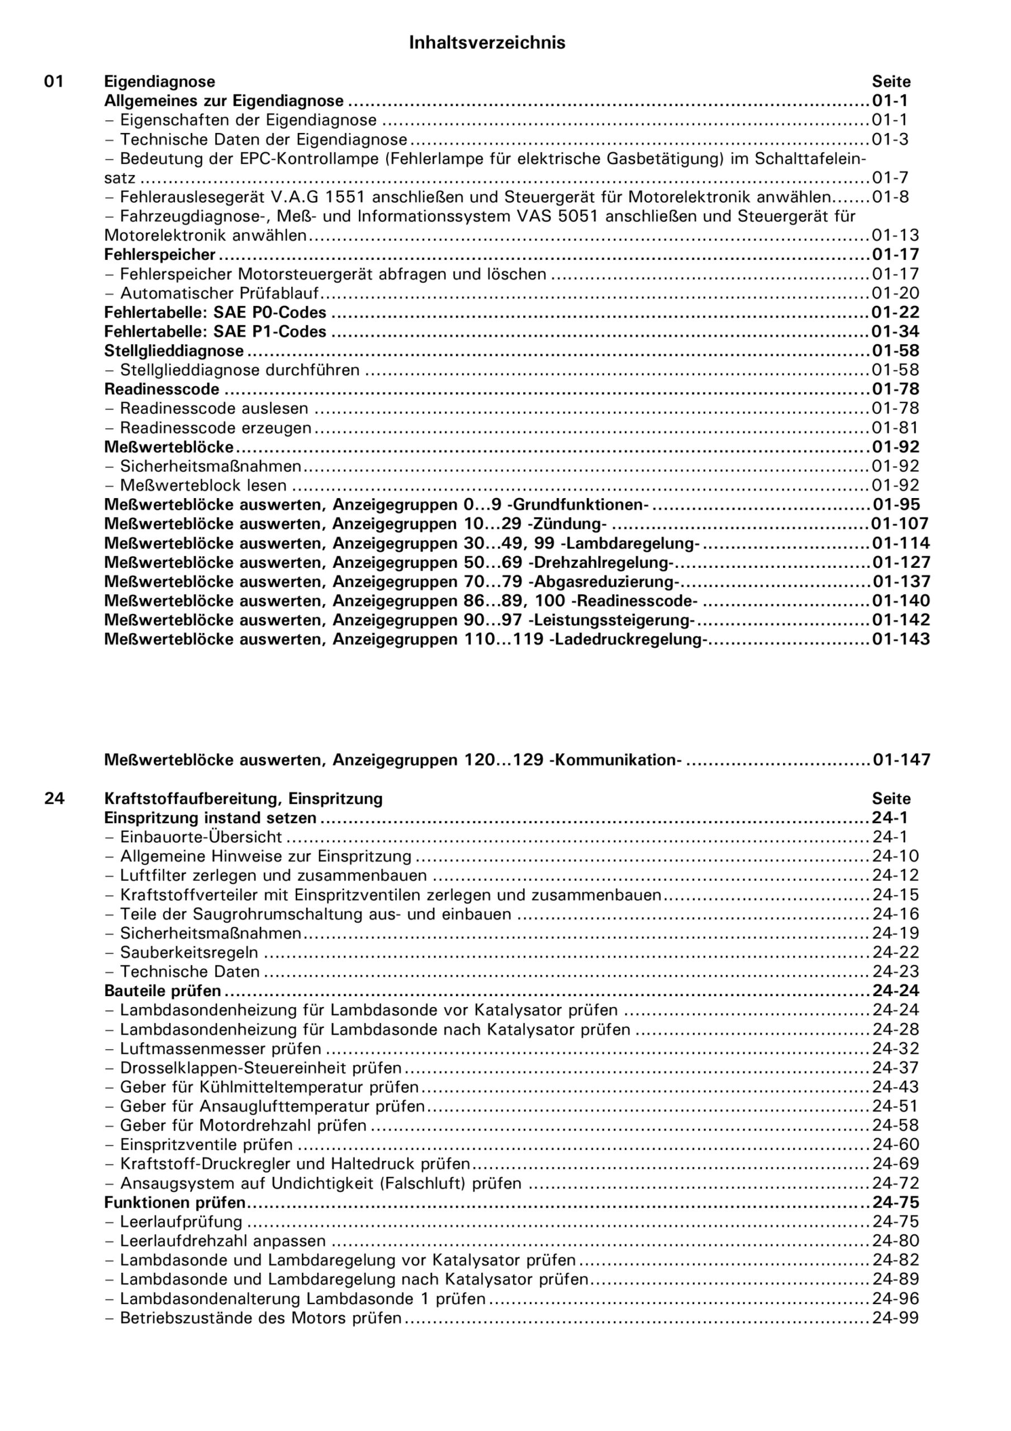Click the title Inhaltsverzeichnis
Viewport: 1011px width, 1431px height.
point(487,42)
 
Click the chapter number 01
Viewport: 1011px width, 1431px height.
point(54,82)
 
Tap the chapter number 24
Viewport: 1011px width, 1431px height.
point(54,798)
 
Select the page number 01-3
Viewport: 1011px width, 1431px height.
point(890,139)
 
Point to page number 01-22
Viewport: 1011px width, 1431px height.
point(895,312)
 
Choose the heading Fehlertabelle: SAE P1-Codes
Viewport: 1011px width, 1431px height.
point(215,331)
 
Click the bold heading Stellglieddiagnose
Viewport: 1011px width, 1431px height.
point(174,351)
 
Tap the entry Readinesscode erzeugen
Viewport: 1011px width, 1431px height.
point(215,428)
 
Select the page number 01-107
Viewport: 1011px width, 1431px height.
point(900,524)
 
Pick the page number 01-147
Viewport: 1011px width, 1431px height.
point(901,760)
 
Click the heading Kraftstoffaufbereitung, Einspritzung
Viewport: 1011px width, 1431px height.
point(243,798)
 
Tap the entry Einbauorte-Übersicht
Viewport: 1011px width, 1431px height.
point(201,837)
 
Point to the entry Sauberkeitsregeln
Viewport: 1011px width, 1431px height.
point(189,953)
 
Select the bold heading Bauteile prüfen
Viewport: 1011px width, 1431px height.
point(163,991)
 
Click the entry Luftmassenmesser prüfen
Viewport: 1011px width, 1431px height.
point(221,1049)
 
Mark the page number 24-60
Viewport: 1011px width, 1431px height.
point(895,1145)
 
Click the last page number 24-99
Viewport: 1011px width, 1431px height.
point(895,1318)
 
